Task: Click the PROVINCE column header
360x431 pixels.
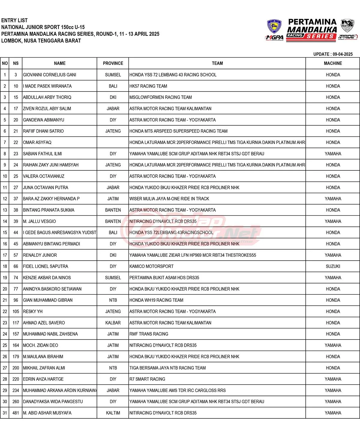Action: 113,63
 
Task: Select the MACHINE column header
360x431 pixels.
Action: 333,63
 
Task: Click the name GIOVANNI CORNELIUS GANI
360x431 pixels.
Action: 49,75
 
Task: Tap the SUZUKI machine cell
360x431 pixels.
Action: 333,266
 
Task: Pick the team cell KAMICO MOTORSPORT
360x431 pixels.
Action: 151,266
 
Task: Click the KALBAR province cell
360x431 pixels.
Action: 113,323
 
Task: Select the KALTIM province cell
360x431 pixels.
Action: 113,413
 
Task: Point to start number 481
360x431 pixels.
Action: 16,413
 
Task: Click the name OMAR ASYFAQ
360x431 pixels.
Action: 37,142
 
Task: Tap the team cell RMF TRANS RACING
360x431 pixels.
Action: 149,334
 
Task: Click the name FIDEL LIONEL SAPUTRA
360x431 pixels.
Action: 46,266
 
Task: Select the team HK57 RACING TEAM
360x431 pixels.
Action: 148,86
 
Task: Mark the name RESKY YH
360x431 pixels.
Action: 33,311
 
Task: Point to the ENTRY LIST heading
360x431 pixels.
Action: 14,20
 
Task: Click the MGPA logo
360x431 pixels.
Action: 274,37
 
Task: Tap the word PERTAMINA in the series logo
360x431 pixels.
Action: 312,22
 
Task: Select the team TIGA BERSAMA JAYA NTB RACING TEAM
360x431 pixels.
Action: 167,368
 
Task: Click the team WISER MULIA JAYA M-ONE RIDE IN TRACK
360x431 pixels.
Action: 169,199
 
